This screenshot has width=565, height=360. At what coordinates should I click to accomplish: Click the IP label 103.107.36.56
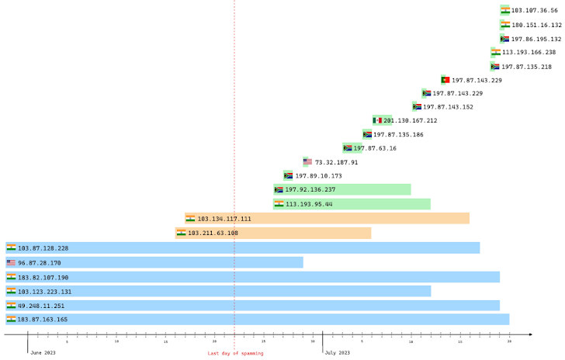click(534, 11)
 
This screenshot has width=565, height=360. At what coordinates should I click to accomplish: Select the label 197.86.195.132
click(536, 39)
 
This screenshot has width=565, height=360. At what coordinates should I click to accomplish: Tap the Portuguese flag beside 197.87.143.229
click(445, 80)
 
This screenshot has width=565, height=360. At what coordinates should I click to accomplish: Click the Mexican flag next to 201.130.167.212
click(377, 120)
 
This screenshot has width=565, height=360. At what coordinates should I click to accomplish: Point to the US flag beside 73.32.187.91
click(307, 162)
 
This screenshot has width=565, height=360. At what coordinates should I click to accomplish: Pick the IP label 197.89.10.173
click(318, 176)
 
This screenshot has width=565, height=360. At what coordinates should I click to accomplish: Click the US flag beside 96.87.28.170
click(11, 262)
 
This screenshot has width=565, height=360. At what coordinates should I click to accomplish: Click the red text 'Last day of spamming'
click(235, 354)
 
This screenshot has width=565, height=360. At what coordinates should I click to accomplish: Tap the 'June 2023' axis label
click(43, 353)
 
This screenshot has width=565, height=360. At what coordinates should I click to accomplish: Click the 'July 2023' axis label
click(337, 353)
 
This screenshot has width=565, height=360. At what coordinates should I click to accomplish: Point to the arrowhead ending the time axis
click(530, 334)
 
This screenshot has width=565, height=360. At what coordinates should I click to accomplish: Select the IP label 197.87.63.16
click(375, 148)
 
